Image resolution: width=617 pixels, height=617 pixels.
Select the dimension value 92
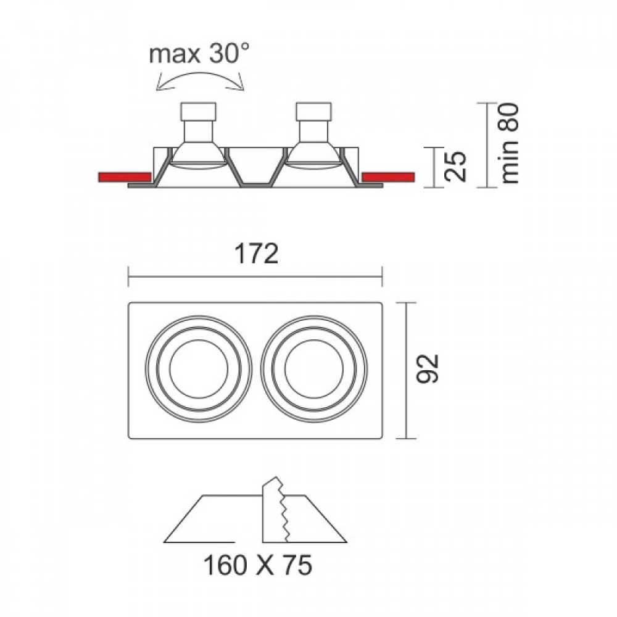pyautogui.click(x=428, y=369)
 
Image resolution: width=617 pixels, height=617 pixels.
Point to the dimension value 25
pyautogui.click(x=455, y=167)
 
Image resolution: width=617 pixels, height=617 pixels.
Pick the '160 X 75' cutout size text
pyautogui.click(x=258, y=565)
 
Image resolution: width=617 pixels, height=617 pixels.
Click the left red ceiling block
pyautogui.click(x=125, y=177)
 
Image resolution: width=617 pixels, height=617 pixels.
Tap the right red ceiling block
pyautogui.click(x=388, y=177)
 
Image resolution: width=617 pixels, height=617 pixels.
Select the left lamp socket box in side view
pyautogui.click(x=198, y=111)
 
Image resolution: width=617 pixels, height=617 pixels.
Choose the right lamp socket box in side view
pyautogui.click(x=313, y=111)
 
